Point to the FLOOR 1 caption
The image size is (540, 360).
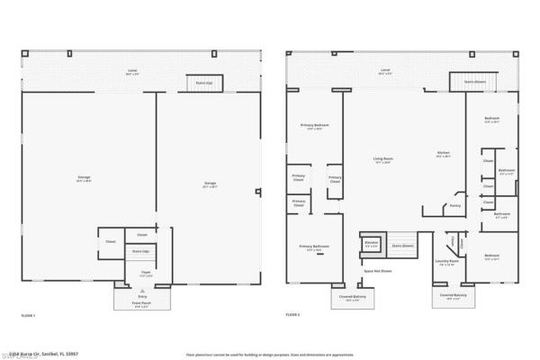(28, 316)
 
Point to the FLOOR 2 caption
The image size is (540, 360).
(292, 316)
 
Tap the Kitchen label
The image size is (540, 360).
(443, 154)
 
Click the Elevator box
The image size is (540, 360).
(371, 244)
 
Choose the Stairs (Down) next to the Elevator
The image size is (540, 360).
(401, 245)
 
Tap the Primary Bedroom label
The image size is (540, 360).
(314, 126)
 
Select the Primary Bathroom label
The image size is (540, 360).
(314, 248)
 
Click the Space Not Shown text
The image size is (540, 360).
(377, 270)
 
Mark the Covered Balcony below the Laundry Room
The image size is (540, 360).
(454, 295)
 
